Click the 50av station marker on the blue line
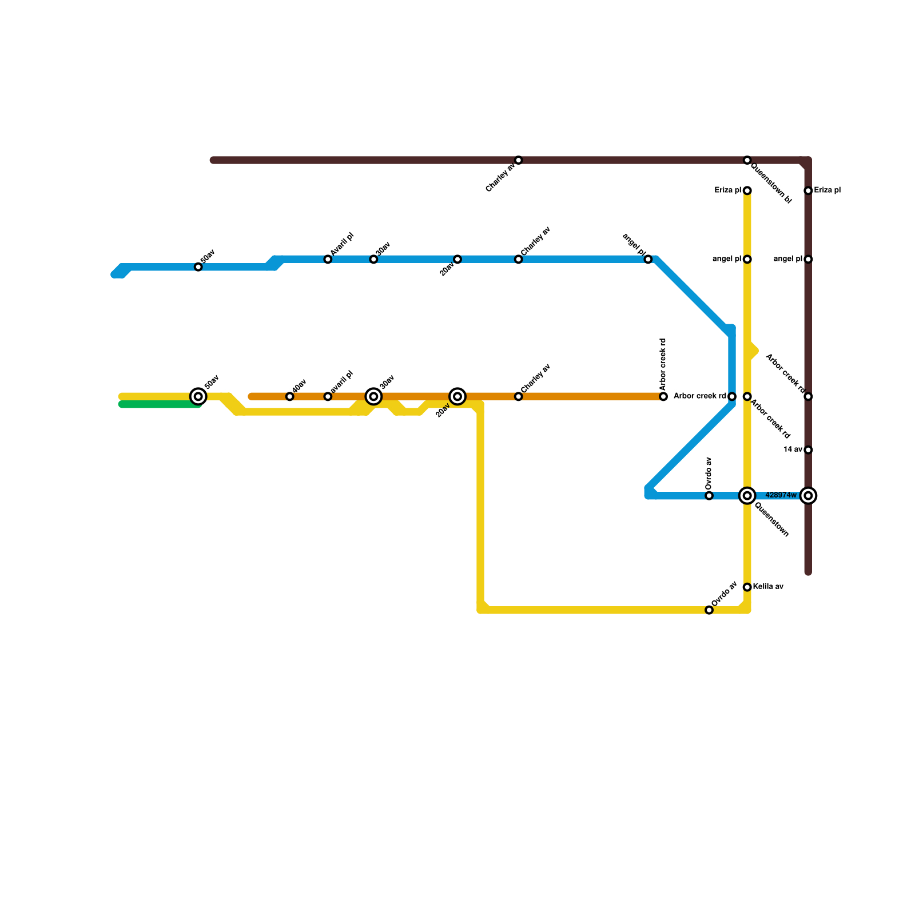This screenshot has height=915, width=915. coord(198,267)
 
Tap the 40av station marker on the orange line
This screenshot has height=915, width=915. coord(290,396)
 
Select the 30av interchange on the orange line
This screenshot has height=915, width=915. coord(373,396)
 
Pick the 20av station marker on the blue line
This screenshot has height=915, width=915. coord(457,260)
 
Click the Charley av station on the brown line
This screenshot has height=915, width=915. coord(518,160)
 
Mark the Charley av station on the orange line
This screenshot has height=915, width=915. coord(518,396)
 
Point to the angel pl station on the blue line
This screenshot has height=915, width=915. coord(648,260)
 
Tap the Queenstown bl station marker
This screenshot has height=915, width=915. coord(747,160)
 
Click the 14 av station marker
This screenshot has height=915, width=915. coord(808,450)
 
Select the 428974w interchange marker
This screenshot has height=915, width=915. coord(808,495)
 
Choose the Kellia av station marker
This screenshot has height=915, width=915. coord(747,587)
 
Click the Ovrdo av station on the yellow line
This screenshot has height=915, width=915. coord(709,610)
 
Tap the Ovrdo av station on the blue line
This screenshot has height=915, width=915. coord(709,495)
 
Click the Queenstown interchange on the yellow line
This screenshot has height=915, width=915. coord(747,495)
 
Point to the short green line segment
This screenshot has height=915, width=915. coord(160,404)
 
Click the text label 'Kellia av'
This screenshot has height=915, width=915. coord(768,587)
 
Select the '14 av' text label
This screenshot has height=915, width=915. coord(793,449)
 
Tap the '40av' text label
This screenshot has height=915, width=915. coord(300,385)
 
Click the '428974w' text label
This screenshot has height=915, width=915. coord(781,495)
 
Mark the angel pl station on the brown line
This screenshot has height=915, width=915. coord(808,260)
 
